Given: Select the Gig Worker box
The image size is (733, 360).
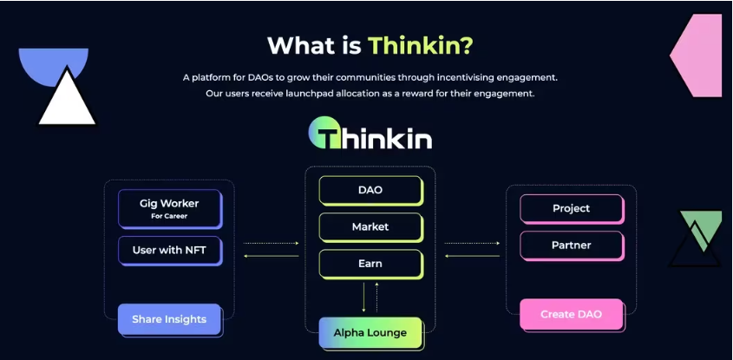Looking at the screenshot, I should point(169,209).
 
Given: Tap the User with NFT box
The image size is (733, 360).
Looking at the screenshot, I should point(169,250).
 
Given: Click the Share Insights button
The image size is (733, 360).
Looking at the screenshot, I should point(169,319).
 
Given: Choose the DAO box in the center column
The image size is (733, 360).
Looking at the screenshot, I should point(370,190).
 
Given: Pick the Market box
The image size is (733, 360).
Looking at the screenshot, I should point(370,226).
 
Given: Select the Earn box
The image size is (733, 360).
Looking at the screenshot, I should point(370,264).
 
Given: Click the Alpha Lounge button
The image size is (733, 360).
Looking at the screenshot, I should point(370,332).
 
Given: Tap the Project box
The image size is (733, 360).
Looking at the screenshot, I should point(571,208).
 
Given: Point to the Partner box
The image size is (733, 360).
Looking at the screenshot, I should point(571,245).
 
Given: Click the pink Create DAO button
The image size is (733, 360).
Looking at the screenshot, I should point(571,314).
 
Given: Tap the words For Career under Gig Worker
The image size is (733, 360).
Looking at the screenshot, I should point(169,216).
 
